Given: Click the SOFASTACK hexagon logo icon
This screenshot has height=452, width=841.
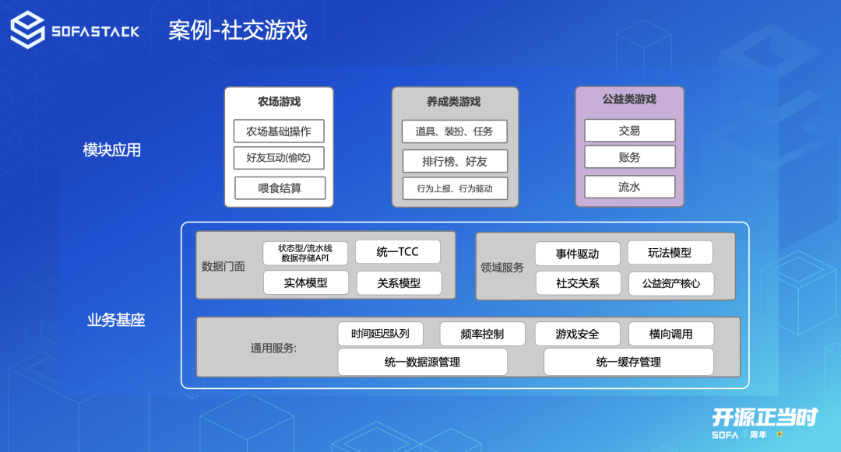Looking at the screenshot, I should click(x=27, y=30).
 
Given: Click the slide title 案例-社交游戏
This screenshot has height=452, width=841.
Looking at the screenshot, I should click(x=238, y=30).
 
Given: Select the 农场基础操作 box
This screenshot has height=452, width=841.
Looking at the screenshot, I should click(x=279, y=131).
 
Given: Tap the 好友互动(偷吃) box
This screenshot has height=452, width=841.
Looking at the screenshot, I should click(x=279, y=158).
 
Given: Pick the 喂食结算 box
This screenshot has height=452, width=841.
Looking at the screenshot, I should click(x=280, y=187).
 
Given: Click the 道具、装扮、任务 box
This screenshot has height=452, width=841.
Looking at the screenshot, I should click(x=454, y=131).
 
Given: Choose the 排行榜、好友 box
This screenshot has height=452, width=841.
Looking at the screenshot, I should click(x=455, y=161).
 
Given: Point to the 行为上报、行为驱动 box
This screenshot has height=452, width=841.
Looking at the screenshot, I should click(x=455, y=188).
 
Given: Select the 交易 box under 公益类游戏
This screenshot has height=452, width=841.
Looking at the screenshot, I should click(x=629, y=131).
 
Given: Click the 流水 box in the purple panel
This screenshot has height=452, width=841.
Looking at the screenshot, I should click(x=629, y=187).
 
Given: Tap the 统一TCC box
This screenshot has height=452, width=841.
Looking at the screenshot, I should click(x=397, y=252).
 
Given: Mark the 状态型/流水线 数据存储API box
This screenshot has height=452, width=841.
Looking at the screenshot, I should click(x=305, y=253).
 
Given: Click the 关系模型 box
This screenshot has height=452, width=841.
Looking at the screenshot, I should click(x=399, y=283).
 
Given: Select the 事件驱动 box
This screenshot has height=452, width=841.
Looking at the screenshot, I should click(x=577, y=254).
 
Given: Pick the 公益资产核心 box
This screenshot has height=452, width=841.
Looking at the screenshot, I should click(x=670, y=283).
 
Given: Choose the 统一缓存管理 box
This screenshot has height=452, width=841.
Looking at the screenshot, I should click(x=628, y=362).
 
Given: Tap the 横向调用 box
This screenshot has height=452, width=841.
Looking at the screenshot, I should click(x=670, y=334).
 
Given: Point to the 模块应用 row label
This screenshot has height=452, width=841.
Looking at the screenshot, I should click(x=112, y=150).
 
